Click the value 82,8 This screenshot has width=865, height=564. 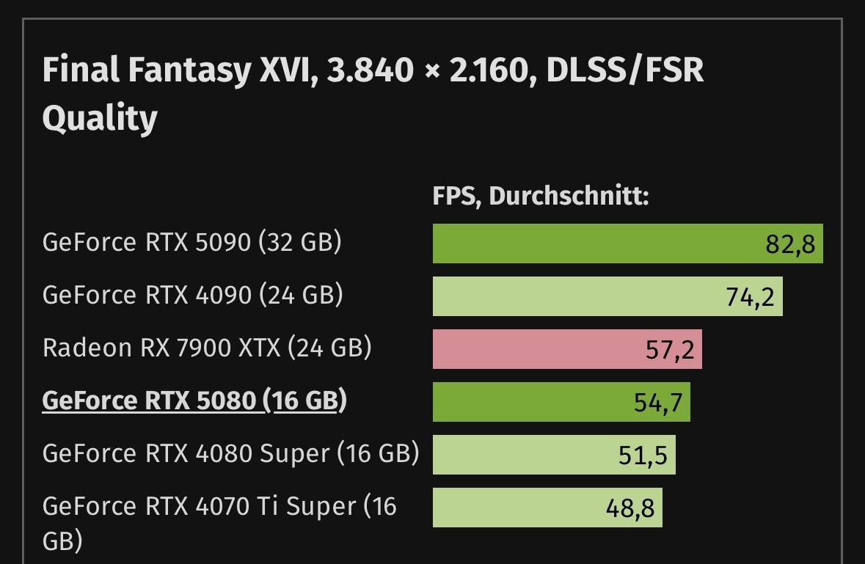pyautogui.click(x=790, y=244)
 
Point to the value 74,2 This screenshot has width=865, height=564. pyautogui.click(x=750, y=297)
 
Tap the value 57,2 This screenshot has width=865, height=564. pyautogui.click(x=669, y=350)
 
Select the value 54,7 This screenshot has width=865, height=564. pyautogui.click(x=657, y=403)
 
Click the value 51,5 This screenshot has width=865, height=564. pyautogui.click(x=643, y=455)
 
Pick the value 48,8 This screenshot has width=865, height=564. pyautogui.click(x=629, y=508)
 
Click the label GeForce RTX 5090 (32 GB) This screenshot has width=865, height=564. pyautogui.click(x=192, y=242)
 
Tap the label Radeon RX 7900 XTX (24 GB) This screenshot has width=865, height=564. pyautogui.click(x=207, y=347)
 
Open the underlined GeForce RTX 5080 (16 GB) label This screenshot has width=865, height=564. pyautogui.click(x=194, y=400)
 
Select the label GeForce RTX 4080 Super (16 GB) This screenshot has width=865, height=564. pyautogui.click(x=230, y=453)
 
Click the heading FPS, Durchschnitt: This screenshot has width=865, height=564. pyautogui.click(x=541, y=197)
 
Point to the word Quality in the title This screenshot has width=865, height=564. pyautogui.click(x=100, y=118)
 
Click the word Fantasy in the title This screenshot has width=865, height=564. pyautogui.click(x=189, y=70)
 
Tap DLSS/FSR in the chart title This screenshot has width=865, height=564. pyautogui.click(x=624, y=70)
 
